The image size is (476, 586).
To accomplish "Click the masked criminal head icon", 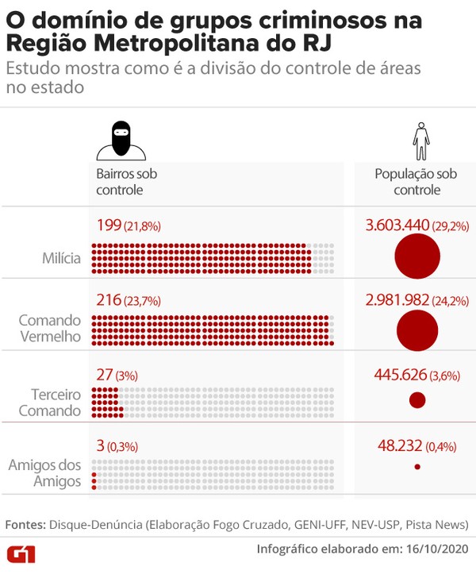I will tap(121, 141).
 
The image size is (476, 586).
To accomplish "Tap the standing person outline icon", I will tap(420, 141).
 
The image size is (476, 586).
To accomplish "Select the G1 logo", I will tap(21, 553).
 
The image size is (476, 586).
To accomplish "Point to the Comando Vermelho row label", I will tap(49, 328).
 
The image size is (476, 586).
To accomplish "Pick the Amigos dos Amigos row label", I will tap(44, 473).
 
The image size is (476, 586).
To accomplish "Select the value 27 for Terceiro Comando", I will tap(104, 374).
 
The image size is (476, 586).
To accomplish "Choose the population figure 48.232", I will tap(400, 446).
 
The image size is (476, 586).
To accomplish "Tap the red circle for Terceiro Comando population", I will tap(417, 400).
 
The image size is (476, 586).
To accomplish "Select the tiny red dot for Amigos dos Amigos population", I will tap(417, 467).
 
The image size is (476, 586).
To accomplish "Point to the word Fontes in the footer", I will tap(25, 525).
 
